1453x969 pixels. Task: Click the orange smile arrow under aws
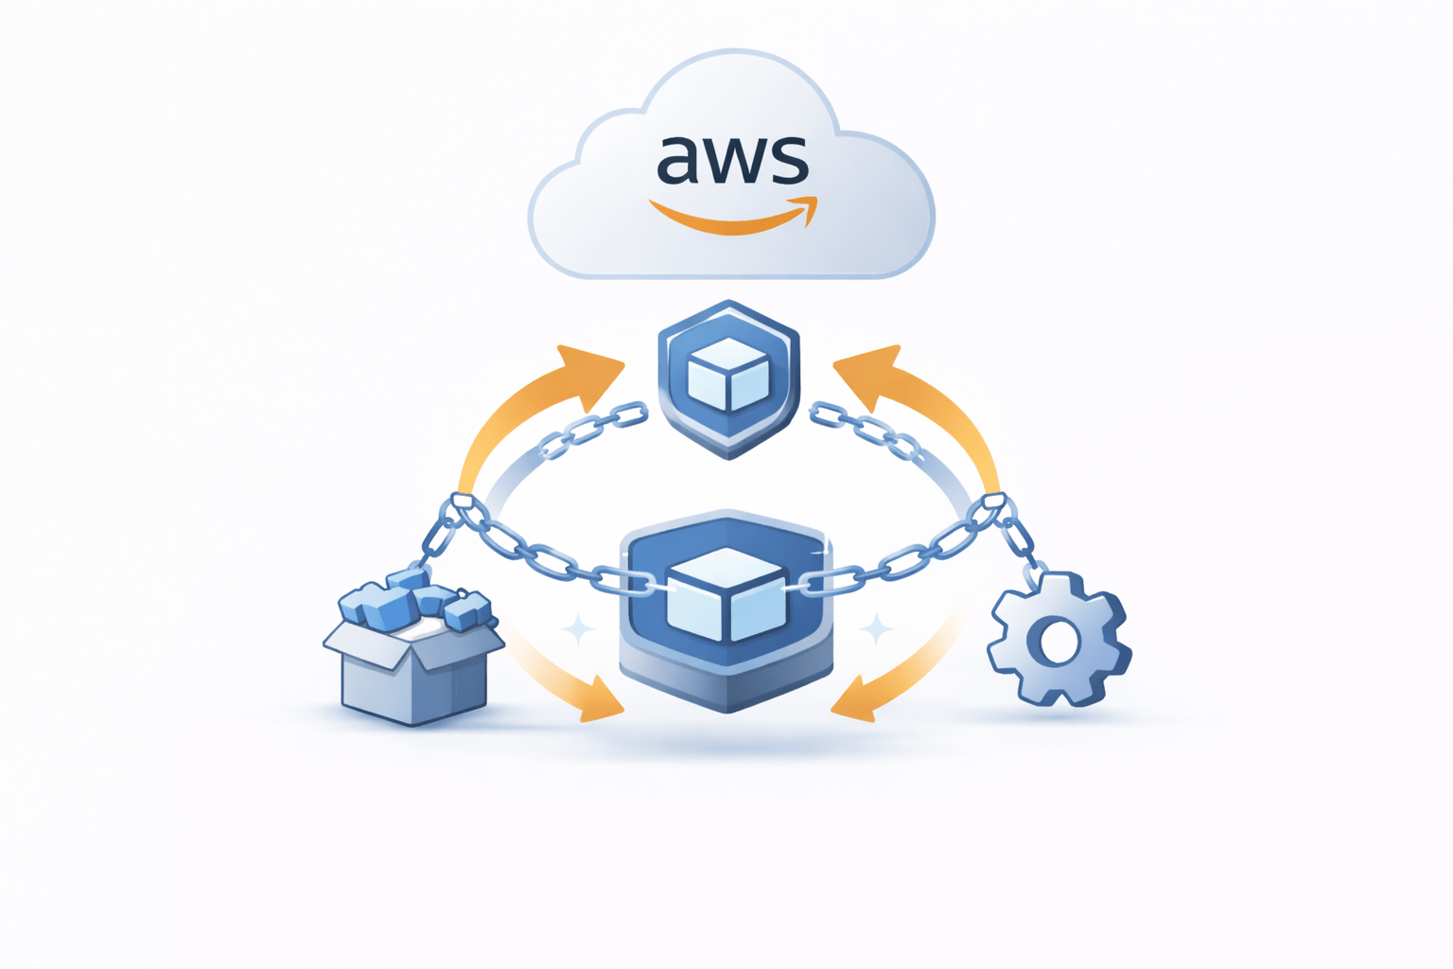click(733, 218)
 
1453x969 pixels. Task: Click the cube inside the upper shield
click(728, 376)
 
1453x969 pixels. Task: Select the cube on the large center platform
click(726, 593)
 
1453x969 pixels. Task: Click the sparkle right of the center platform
click(876, 629)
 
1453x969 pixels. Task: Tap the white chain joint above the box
click(462, 502)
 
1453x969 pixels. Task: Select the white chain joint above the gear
click(993, 502)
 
